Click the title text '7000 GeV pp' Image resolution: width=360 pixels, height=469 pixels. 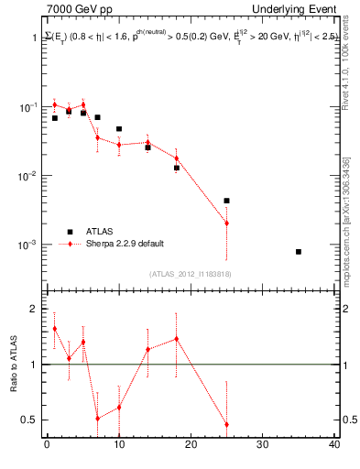(73, 9)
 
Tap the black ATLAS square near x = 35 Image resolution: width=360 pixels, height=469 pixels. (299, 251)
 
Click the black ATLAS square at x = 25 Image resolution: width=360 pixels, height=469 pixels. (226, 201)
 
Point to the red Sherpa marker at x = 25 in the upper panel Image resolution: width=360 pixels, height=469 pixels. (226, 224)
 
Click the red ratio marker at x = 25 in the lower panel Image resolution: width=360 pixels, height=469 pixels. (226, 425)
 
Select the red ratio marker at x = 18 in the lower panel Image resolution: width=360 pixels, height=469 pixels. (176, 339)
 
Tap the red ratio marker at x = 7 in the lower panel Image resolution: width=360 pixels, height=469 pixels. (97, 419)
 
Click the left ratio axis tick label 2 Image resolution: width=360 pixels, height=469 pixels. (35, 310)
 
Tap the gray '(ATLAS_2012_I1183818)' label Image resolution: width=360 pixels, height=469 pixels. (190, 273)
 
